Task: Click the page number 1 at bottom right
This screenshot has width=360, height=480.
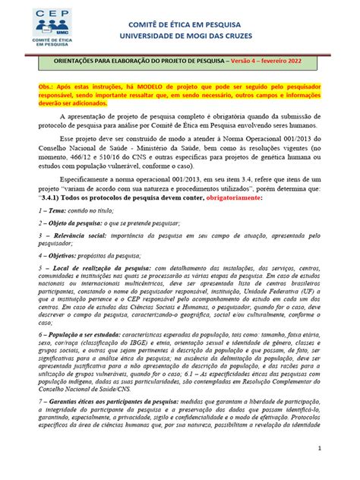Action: point(342,469)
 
